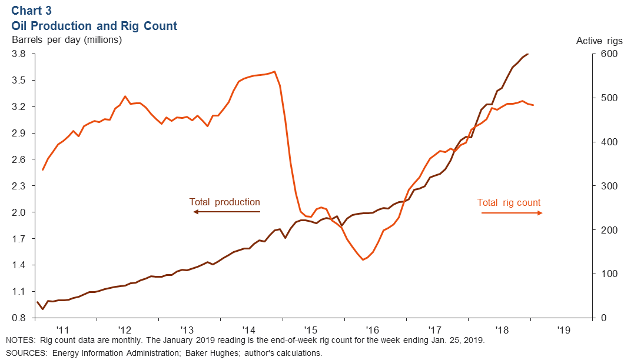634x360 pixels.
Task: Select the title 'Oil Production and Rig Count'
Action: (94, 26)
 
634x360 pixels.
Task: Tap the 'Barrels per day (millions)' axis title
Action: (67, 40)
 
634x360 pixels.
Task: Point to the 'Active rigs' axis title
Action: (598, 41)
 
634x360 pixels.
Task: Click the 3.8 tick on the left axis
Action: (18, 54)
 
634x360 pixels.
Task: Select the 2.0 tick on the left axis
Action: (18, 212)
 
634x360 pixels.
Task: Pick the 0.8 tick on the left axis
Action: (18, 318)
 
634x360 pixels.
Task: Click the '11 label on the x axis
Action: (63, 330)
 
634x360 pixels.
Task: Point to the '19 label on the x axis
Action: (563, 330)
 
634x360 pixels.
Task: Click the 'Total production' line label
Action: (224, 202)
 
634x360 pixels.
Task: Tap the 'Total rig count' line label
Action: (509, 202)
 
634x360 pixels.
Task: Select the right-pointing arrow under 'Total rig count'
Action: (512, 212)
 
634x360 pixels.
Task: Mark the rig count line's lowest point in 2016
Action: (363, 259)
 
